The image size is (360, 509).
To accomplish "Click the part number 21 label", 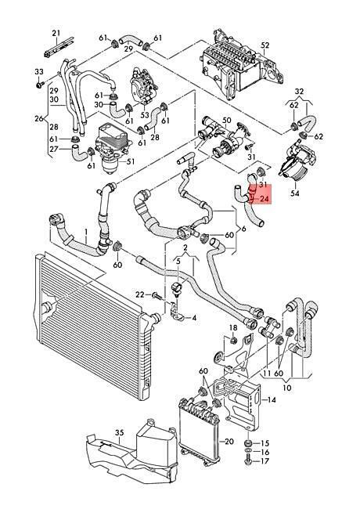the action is tap(56, 33).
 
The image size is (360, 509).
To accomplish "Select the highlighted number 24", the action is tap(265, 199).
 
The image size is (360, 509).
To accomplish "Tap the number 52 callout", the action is tap(265, 45).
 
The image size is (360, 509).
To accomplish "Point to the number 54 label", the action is tap(295, 193).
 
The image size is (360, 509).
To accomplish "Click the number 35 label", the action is tap(120, 433).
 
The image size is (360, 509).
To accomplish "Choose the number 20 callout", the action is tap(229, 442).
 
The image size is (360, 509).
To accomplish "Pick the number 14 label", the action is tap(272, 399).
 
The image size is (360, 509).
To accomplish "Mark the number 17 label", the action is tap(265, 461).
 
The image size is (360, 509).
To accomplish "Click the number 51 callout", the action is tap(130, 161).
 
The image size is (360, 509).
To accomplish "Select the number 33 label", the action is tap(38, 72).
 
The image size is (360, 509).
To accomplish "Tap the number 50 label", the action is tap(227, 121).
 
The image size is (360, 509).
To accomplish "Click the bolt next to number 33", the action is tap(40, 85).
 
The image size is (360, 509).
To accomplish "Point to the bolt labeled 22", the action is tap(157, 295).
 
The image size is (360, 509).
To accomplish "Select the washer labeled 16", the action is tap(249, 452).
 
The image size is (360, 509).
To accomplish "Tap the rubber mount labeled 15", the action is tap(249, 443).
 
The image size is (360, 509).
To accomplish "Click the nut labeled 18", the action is tap(233, 341).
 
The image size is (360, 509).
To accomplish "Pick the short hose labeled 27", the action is tap(78, 152).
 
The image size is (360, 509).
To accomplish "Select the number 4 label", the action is tap(194, 318).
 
